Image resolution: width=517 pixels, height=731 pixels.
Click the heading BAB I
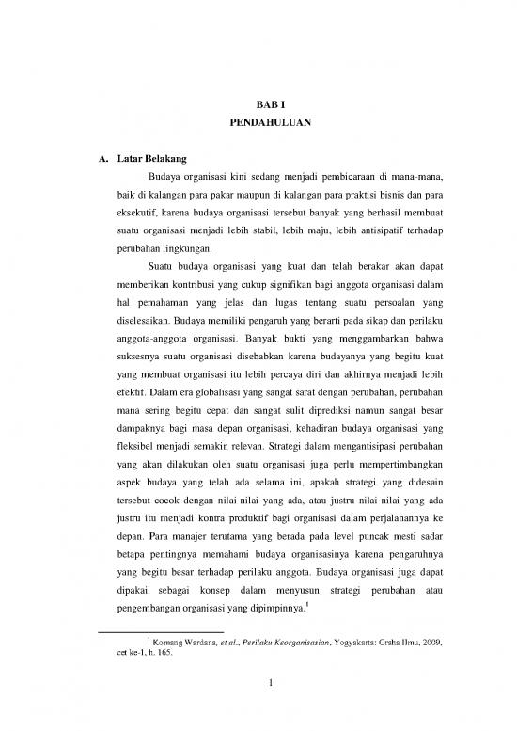tap(258, 105)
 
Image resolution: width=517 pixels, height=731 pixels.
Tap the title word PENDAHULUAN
tap(258, 123)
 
